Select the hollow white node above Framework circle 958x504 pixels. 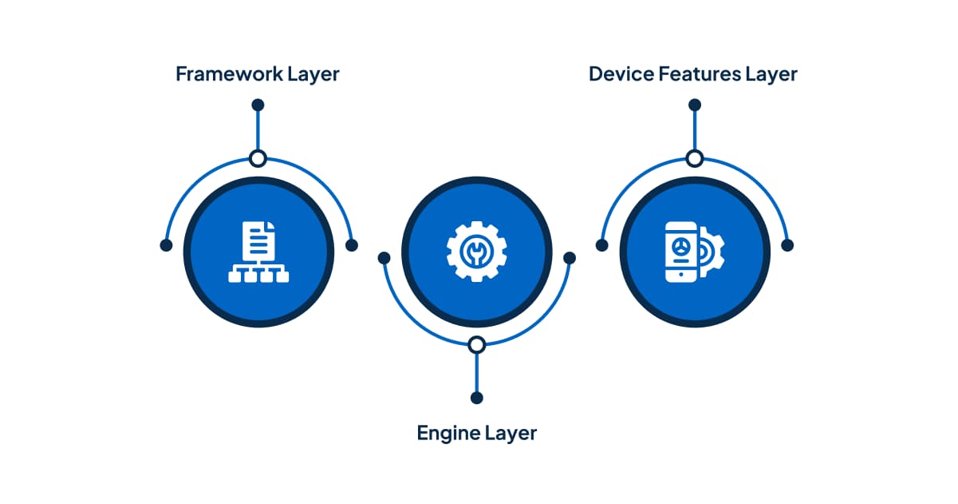point(258,158)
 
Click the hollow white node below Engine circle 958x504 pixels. point(477,345)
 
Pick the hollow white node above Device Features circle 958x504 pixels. point(695,158)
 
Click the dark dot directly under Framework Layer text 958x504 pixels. point(258,105)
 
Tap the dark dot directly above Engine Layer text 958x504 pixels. point(477,398)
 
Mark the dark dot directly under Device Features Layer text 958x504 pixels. point(695,105)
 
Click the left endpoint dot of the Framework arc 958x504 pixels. point(166,245)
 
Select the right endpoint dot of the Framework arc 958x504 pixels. point(352,245)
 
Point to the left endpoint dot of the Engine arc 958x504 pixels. point(384,258)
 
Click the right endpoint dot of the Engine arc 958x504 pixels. point(570,258)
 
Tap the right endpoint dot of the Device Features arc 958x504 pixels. point(787,245)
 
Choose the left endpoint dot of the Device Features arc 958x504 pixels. point(602,245)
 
